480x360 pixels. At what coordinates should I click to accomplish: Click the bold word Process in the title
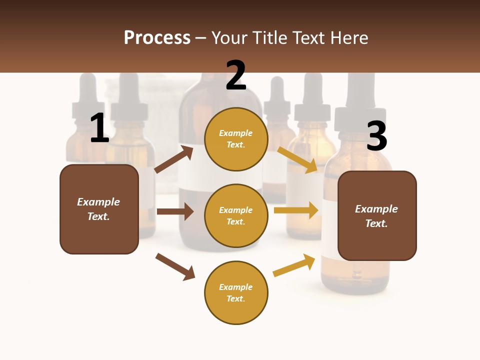pyautogui.click(x=157, y=38)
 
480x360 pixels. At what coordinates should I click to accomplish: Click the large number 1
pyautogui.click(x=99, y=128)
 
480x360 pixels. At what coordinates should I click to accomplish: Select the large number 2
pyautogui.click(x=235, y=75)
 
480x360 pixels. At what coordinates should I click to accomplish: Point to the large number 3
pyautogui.click(x=376, y=136)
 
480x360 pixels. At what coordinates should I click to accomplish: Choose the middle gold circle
pyautogui.click(x=236, y=215)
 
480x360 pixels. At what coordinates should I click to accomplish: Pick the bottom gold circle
pyautogui.click(x=236, y=292)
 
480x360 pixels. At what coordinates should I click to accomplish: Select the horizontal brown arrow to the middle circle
pyautogui.click(x=175, y=211)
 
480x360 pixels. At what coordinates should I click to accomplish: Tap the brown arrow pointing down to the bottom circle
pyautogui.click(x=175, y=266)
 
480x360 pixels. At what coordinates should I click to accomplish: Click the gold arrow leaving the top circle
pyautogui.click(x=297, y=159)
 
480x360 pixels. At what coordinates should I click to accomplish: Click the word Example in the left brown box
pyautogui.click(x=98, y=202)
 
